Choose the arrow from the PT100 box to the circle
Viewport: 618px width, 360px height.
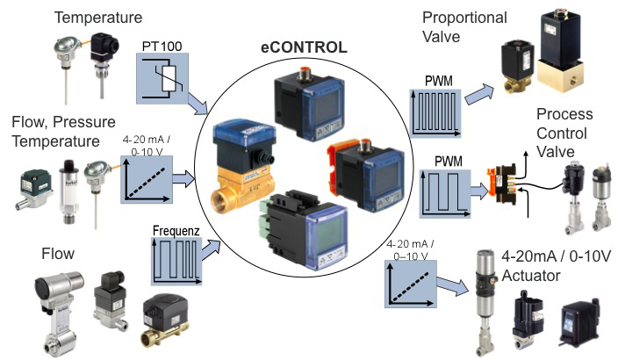[x=205, y=106]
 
